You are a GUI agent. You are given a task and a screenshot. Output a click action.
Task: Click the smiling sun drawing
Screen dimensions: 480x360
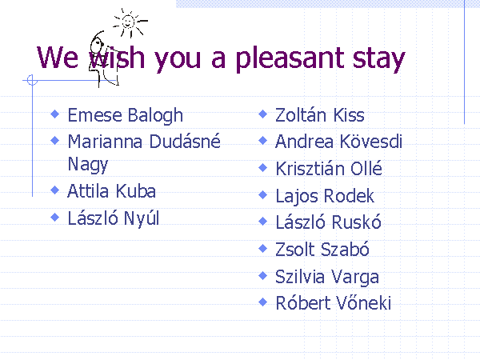coord(129,23)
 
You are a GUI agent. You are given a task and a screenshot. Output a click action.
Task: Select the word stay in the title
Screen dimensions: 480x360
coord(379,60)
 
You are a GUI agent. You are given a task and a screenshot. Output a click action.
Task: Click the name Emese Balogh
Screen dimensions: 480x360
coord(126,116)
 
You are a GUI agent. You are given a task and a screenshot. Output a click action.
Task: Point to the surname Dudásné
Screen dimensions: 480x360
coord(185,142)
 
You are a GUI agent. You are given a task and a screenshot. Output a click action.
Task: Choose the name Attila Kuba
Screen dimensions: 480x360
coord(111,191)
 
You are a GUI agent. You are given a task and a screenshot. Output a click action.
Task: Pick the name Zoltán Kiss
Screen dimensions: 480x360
coord(319,115)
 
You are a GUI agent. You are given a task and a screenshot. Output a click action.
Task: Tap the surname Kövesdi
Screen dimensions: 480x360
coord(370,142)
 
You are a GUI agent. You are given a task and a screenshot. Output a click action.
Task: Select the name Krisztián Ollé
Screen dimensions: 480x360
coord(329,168)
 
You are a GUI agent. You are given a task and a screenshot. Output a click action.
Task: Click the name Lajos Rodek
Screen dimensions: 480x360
coord(325,196)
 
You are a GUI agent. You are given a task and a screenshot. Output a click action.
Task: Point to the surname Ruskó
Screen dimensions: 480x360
coord(357,222)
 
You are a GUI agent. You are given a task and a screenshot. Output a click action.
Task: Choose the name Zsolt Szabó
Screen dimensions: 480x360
coord(322,249)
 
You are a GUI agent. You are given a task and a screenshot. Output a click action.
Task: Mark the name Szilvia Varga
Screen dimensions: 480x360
coord(327,277)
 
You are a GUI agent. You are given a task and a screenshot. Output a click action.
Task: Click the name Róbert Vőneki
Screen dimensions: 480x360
coord(333,303)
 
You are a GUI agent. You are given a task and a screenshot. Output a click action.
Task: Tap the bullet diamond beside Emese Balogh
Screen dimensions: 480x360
coord(54,114)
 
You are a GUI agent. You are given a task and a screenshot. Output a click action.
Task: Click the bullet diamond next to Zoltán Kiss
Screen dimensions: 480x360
coord(263,114)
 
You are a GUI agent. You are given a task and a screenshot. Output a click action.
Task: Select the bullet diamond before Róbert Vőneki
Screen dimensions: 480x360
coord(263,302)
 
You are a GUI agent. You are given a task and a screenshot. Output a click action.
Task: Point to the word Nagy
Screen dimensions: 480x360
coord(88,165)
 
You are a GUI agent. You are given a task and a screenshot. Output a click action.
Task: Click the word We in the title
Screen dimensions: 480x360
coord(58,58)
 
